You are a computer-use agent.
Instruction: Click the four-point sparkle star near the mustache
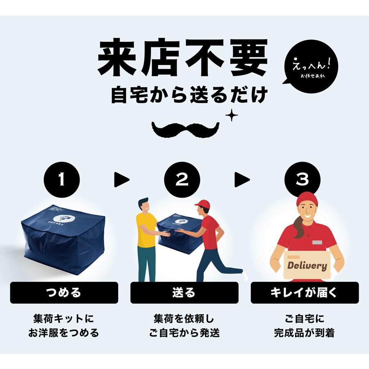[231, 116]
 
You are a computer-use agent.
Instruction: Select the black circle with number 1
[62, 180]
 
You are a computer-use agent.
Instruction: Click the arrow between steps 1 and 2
[121, 180]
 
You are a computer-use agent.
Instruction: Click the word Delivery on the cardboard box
[307, 265]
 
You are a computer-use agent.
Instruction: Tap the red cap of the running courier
[202, 204]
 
